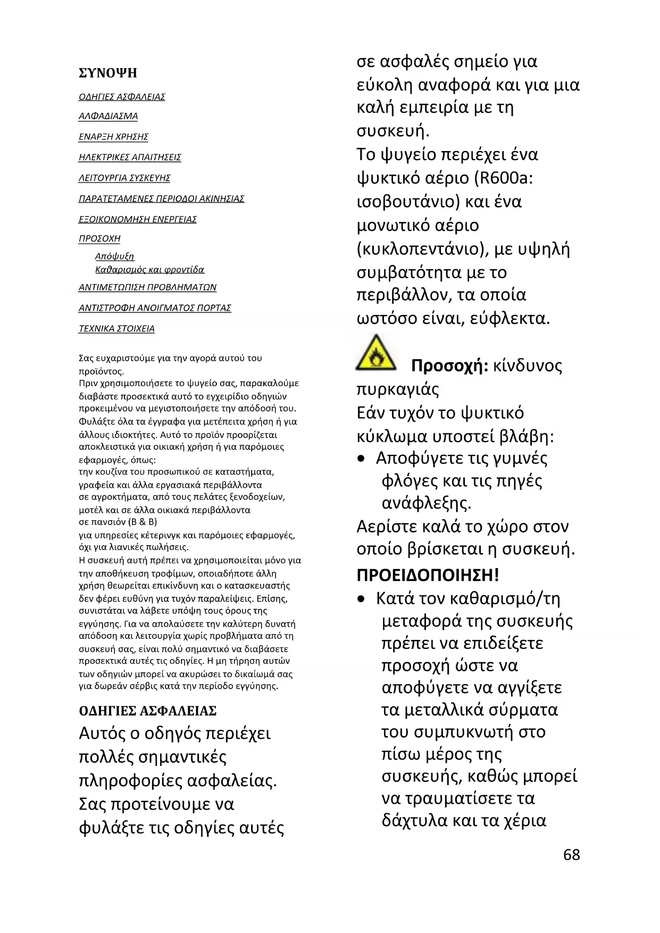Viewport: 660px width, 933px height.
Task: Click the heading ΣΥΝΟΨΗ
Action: coord(108,73)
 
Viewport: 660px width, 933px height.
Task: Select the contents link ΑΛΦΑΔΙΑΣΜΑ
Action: coord(108,116)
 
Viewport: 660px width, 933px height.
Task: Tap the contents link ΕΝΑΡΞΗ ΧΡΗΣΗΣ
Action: coord(113,137)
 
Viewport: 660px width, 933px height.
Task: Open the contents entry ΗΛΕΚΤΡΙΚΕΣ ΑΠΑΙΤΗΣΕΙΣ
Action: coord(130,157)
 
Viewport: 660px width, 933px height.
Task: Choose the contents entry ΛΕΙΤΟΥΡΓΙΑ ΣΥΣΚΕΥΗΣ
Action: coord(124,178)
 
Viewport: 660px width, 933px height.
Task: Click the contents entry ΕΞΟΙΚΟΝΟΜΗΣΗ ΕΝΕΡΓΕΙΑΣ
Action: coord(138,219)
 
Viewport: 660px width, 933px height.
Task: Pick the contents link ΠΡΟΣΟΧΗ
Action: coord(99,239)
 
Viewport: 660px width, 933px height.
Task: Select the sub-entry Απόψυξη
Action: coord(114,256)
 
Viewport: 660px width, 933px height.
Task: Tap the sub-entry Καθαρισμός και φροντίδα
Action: coord(149,270)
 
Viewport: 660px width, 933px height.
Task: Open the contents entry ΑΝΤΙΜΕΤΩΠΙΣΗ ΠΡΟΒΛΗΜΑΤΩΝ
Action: coord(147,287)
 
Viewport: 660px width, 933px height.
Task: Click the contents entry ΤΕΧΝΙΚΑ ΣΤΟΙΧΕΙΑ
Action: coord(116,329)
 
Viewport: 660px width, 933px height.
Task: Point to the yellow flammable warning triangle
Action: coord(376,353)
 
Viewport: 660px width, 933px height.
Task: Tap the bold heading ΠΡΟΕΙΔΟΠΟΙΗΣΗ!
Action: coord(428,575)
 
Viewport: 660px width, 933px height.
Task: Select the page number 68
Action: coord(572,855)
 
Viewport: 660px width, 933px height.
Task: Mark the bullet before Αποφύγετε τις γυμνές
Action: coord(362,459)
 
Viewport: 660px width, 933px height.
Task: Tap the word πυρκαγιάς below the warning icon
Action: coord(398,389)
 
